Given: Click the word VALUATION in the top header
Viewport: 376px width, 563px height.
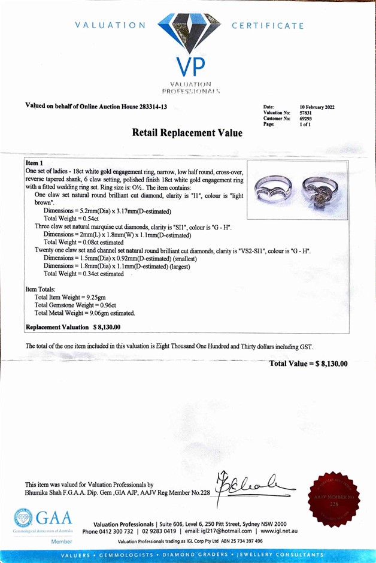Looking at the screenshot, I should [110, 26].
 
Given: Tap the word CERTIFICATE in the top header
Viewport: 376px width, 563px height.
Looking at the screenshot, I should [268, 26].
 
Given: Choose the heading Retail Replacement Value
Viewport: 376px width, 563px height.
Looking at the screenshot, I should [187, 133].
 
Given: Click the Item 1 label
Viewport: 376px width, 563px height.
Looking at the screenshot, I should [35, 163].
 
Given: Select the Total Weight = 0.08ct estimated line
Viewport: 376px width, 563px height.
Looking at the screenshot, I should [90, 243].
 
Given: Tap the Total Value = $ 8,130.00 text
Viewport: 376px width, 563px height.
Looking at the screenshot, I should [308, 364].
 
